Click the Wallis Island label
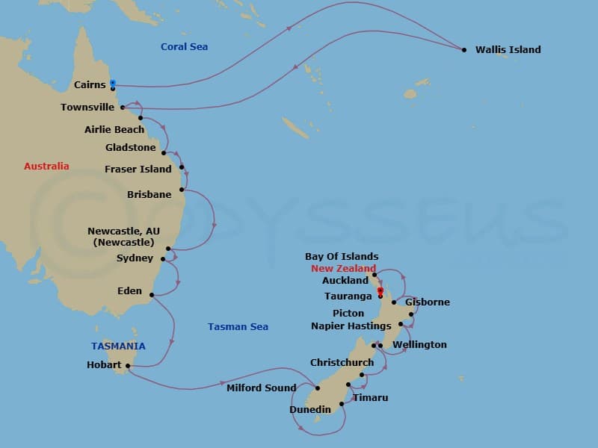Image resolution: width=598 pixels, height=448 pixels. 508,50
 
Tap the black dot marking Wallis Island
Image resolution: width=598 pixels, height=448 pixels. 464,50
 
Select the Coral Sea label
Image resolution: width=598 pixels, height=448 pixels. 184,47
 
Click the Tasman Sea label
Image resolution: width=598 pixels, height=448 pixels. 238,327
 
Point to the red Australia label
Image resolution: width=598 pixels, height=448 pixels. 46,167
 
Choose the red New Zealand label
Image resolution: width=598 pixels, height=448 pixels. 344,269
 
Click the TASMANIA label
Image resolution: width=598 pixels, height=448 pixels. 118,346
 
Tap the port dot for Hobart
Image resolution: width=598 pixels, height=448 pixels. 129,366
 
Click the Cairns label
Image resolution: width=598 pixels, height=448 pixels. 90,85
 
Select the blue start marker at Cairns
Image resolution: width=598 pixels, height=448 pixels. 113,82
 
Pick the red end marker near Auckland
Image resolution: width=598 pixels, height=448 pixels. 380,290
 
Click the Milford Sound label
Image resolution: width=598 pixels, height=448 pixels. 262,388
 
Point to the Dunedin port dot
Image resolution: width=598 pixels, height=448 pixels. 342,404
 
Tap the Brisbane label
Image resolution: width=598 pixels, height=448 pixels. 149,195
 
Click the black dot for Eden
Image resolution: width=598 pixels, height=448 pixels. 152,295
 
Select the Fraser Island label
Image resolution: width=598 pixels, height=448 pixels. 138,169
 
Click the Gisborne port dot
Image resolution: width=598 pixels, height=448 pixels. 394,302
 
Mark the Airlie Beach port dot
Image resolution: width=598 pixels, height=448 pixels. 141,118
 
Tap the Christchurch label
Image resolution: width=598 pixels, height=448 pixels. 342,363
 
